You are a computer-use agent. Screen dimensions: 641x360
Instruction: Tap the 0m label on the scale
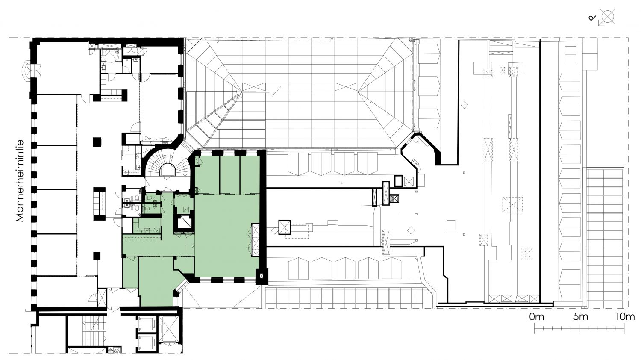(x=537, y=317)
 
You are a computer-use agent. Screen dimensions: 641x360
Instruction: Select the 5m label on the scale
(x=581, y=317)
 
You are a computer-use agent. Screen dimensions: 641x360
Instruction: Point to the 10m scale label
(x=625, y=317)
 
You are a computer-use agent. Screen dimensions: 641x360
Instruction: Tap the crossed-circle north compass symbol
(x=608, y=17)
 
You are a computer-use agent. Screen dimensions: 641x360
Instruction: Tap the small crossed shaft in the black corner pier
(x=261, y=276)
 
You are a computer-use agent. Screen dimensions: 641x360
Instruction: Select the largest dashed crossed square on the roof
(x=512, y=204)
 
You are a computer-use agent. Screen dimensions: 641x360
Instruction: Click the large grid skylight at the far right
(x=604, y=238)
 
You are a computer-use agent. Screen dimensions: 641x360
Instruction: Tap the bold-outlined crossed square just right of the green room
(x=285, y=227)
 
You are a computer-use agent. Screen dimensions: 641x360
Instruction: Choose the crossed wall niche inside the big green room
(x=255, y=240)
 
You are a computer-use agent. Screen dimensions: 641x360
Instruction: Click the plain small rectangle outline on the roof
(x=451, y=225)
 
